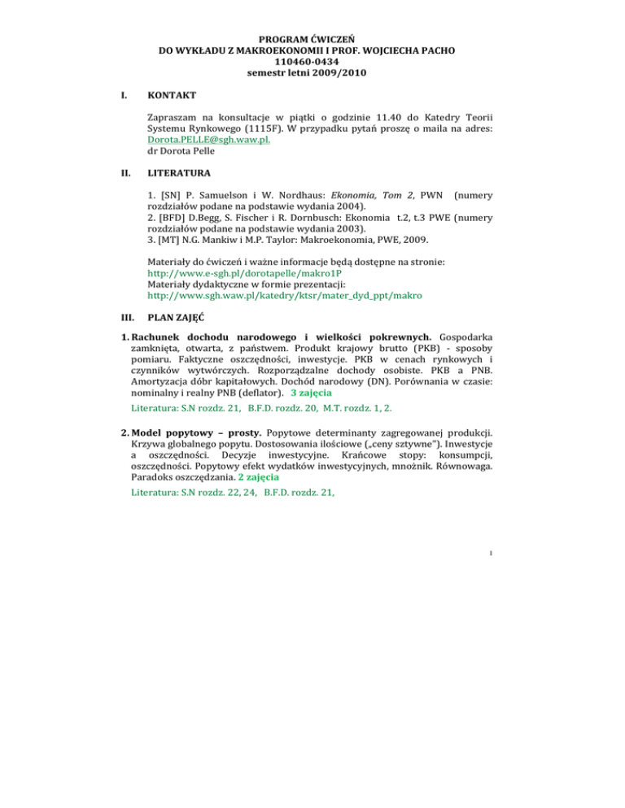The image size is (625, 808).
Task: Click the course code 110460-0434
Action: (312, 62)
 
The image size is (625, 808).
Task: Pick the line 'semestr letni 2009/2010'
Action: (312, 74)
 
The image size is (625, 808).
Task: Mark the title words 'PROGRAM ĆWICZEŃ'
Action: (312, 37)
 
